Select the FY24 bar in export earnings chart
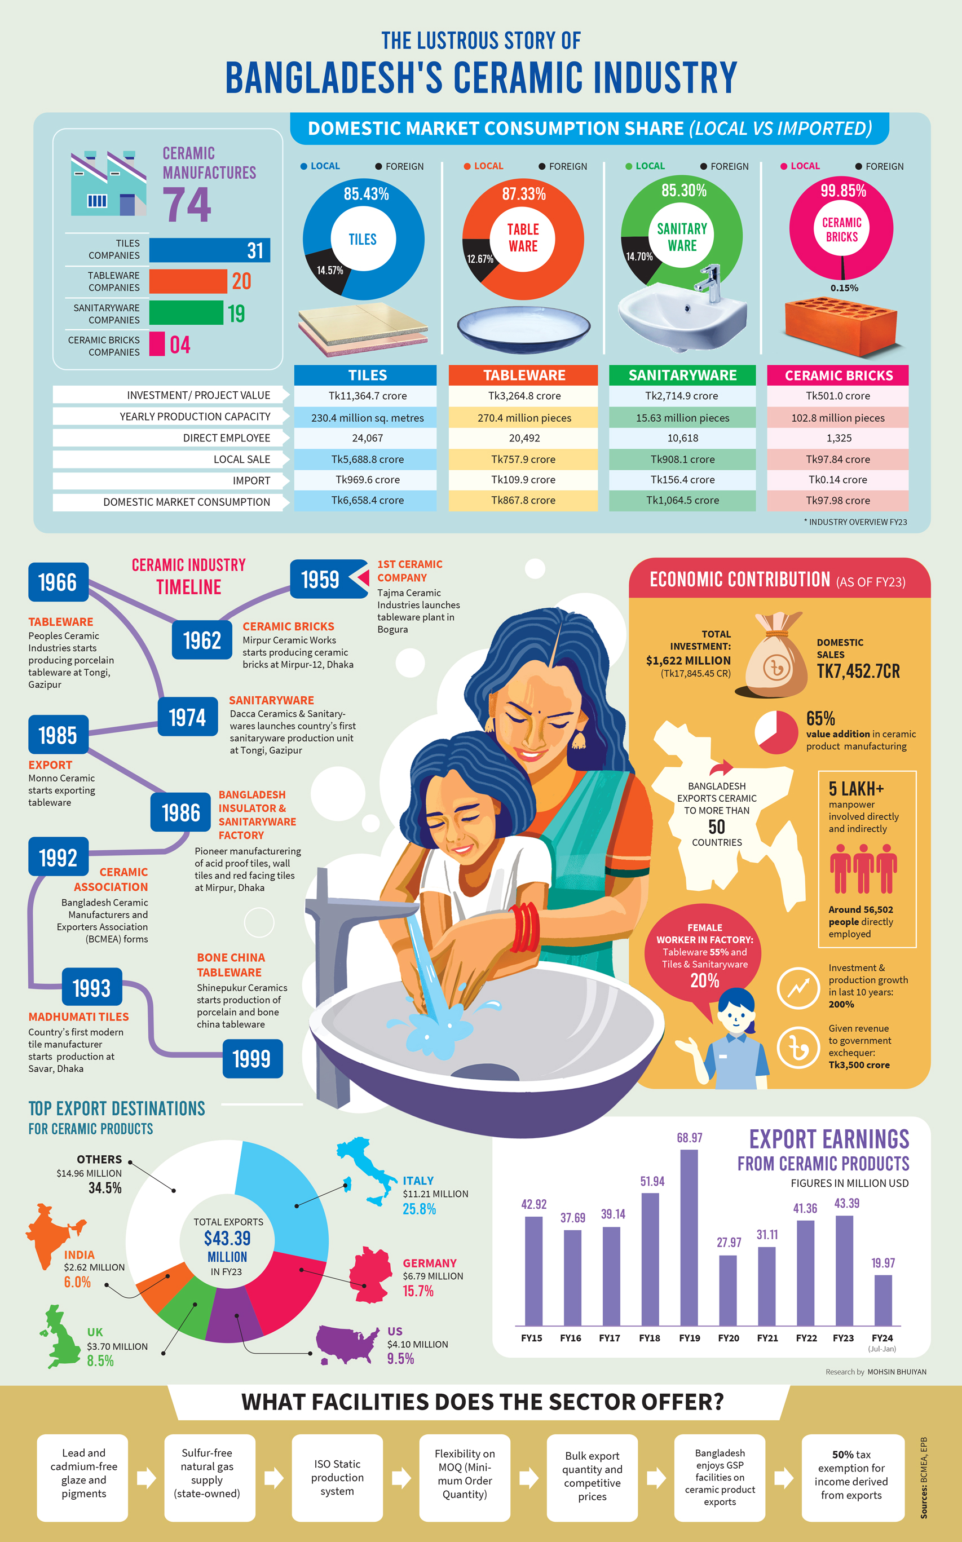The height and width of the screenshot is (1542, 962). click(x=883, y=1300)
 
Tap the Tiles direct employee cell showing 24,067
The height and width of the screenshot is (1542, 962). click(x=367, y=438)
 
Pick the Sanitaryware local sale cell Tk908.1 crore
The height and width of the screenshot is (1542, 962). click(x=682, y=459)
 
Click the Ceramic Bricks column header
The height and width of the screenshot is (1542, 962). click(x=838, y=375)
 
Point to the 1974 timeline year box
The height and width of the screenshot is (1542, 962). click(x=188, y=718)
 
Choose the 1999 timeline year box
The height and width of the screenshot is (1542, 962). click(x=252, y=1058)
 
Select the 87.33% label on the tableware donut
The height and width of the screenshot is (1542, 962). click(x=524, y=194)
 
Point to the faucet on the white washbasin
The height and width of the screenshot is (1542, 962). click(x=711, y=283)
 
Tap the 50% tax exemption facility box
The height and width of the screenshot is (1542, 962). click(x=852, y=1477)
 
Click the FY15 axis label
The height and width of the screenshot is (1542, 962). click(x=531, y=1338)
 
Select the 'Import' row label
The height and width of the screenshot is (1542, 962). click(x=251, y=480)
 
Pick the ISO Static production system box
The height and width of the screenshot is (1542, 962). click(x=337, y=1477)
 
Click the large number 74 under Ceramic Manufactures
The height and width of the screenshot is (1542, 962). click(x=187, y=204)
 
